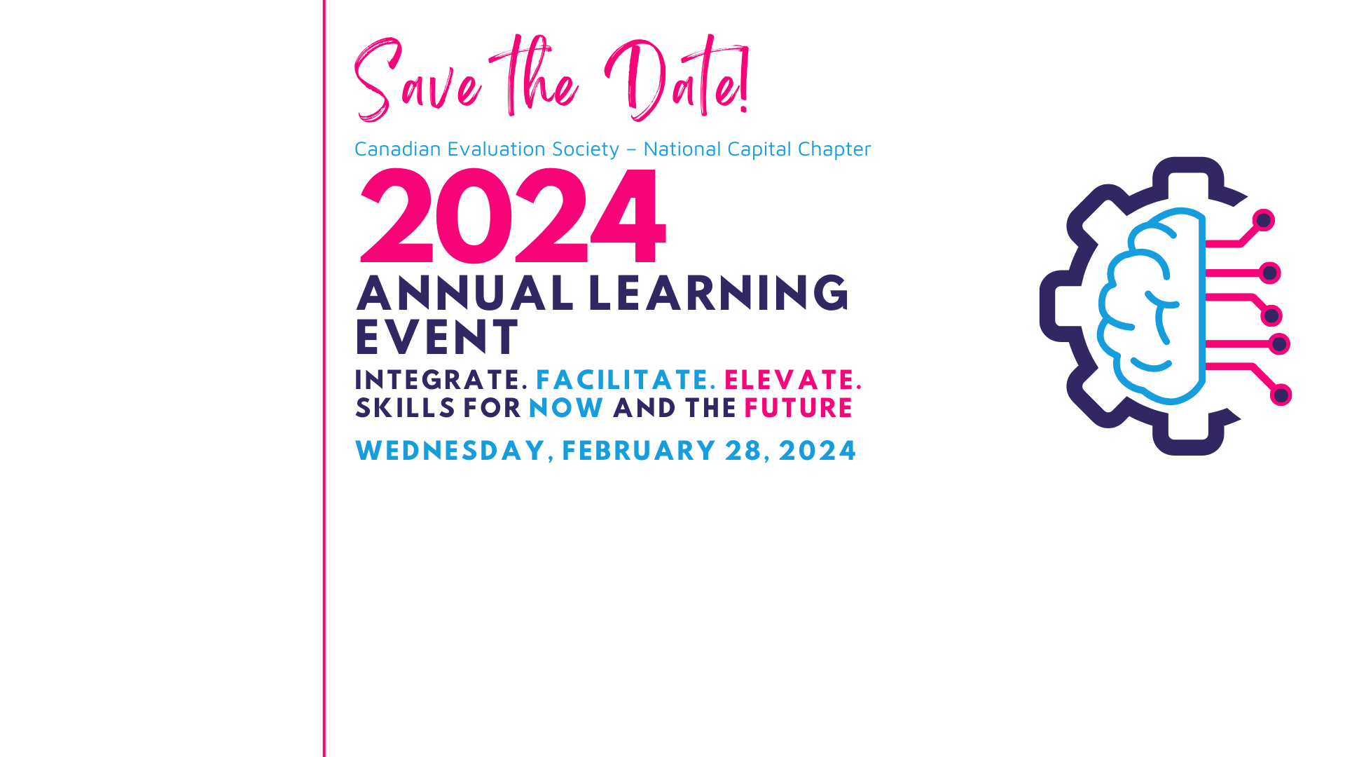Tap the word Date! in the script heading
tap(677, 77)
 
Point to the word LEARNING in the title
tap(719, 293)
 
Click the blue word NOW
tap(566, 408)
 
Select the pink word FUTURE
tap(798, 408)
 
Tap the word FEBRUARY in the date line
tap(639, 451)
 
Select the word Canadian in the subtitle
tap(397, 149)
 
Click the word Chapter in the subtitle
tap(834, 149)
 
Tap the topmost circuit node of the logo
tap(1264, 221)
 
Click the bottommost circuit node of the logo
tap(1281, 395)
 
